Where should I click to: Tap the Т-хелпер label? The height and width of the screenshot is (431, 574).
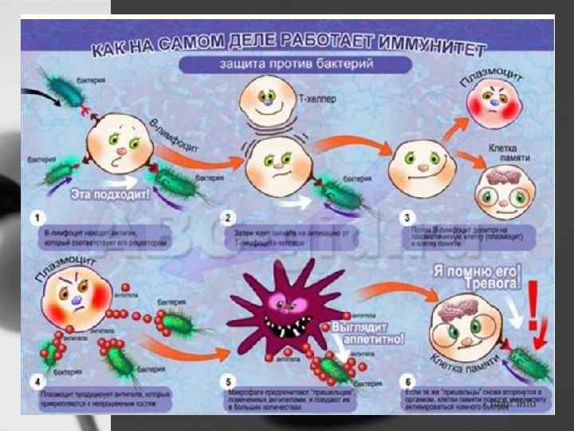[316, 100]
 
